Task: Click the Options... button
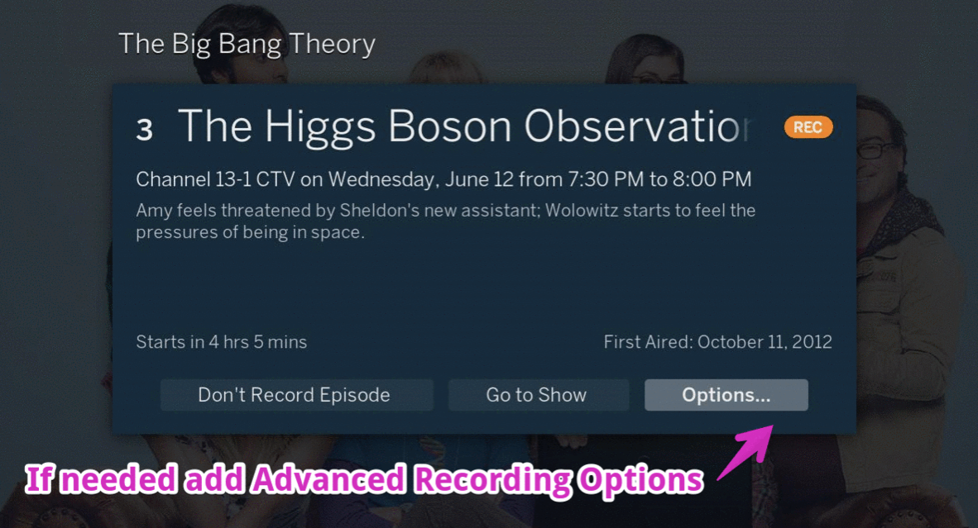tap(726, 395)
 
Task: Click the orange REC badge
tap(808, 127)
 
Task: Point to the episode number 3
tap(145, 130)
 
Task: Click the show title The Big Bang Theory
tap(247, 44)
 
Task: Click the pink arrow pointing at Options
tap(746, 451)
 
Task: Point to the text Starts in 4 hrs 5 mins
tap(222, 342)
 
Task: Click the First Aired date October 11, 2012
tap(765, 342)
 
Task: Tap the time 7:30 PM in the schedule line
tap(605, 179)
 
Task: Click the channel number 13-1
tap(233, 179)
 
